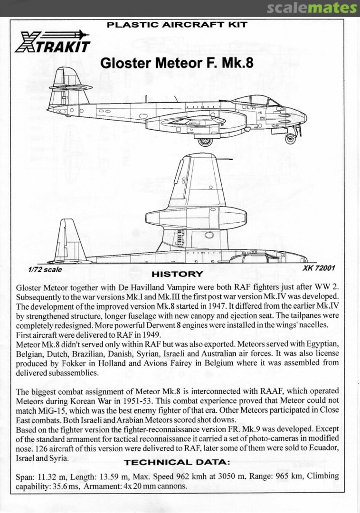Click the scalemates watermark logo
311,8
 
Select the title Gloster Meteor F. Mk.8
176,63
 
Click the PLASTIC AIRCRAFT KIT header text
177,25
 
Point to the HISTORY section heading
177,274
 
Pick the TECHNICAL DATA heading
177,462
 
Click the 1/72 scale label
45,269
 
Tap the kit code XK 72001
319,268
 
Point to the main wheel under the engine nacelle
205,141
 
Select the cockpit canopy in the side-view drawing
256,101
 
